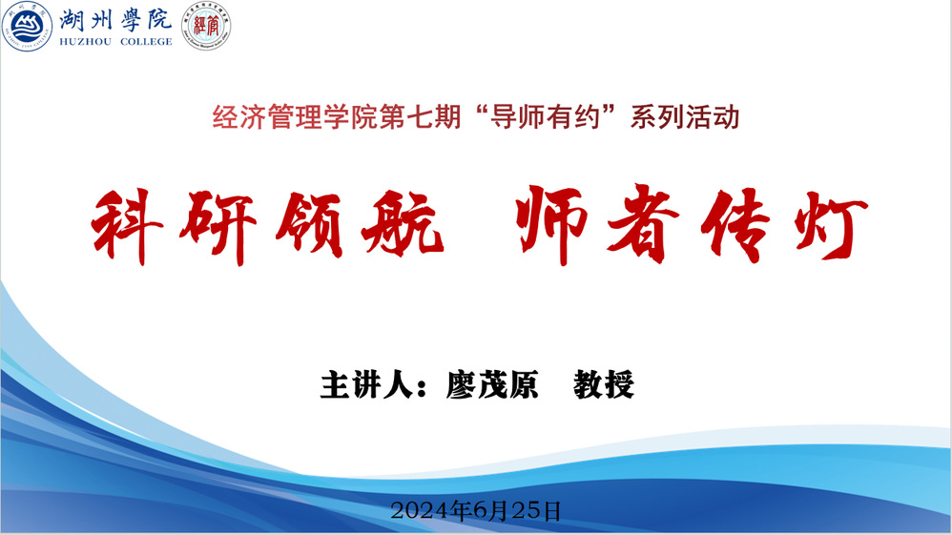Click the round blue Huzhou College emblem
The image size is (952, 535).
pos(27,26)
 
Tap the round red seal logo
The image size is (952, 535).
pos(206,26)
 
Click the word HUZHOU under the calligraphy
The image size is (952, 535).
pos(86,42)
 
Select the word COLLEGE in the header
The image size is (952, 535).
pos(146,42)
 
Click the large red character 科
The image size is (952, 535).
pos(127,226)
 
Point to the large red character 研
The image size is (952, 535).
pos(217,227)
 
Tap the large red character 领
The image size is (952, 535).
pos(310,225)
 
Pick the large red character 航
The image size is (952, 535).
pos(403,223)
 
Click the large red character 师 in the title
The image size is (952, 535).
pos(552,223)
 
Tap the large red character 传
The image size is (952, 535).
pos(735,225)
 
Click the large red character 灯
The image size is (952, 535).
pos(831,225)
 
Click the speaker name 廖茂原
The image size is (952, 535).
pos(492,384)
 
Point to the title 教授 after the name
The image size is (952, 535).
pos(604,384)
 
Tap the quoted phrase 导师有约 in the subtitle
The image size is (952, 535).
pos(546,116)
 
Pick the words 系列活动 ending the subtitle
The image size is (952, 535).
pos(685,116)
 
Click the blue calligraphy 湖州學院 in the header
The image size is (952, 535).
pos(116,20)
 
